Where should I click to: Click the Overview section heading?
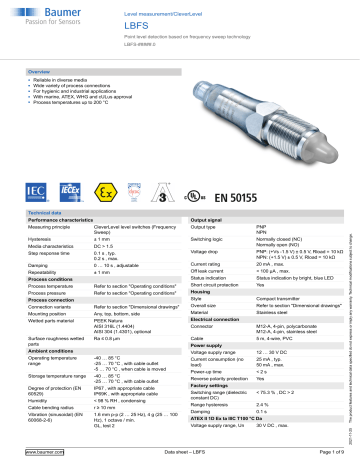39,73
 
